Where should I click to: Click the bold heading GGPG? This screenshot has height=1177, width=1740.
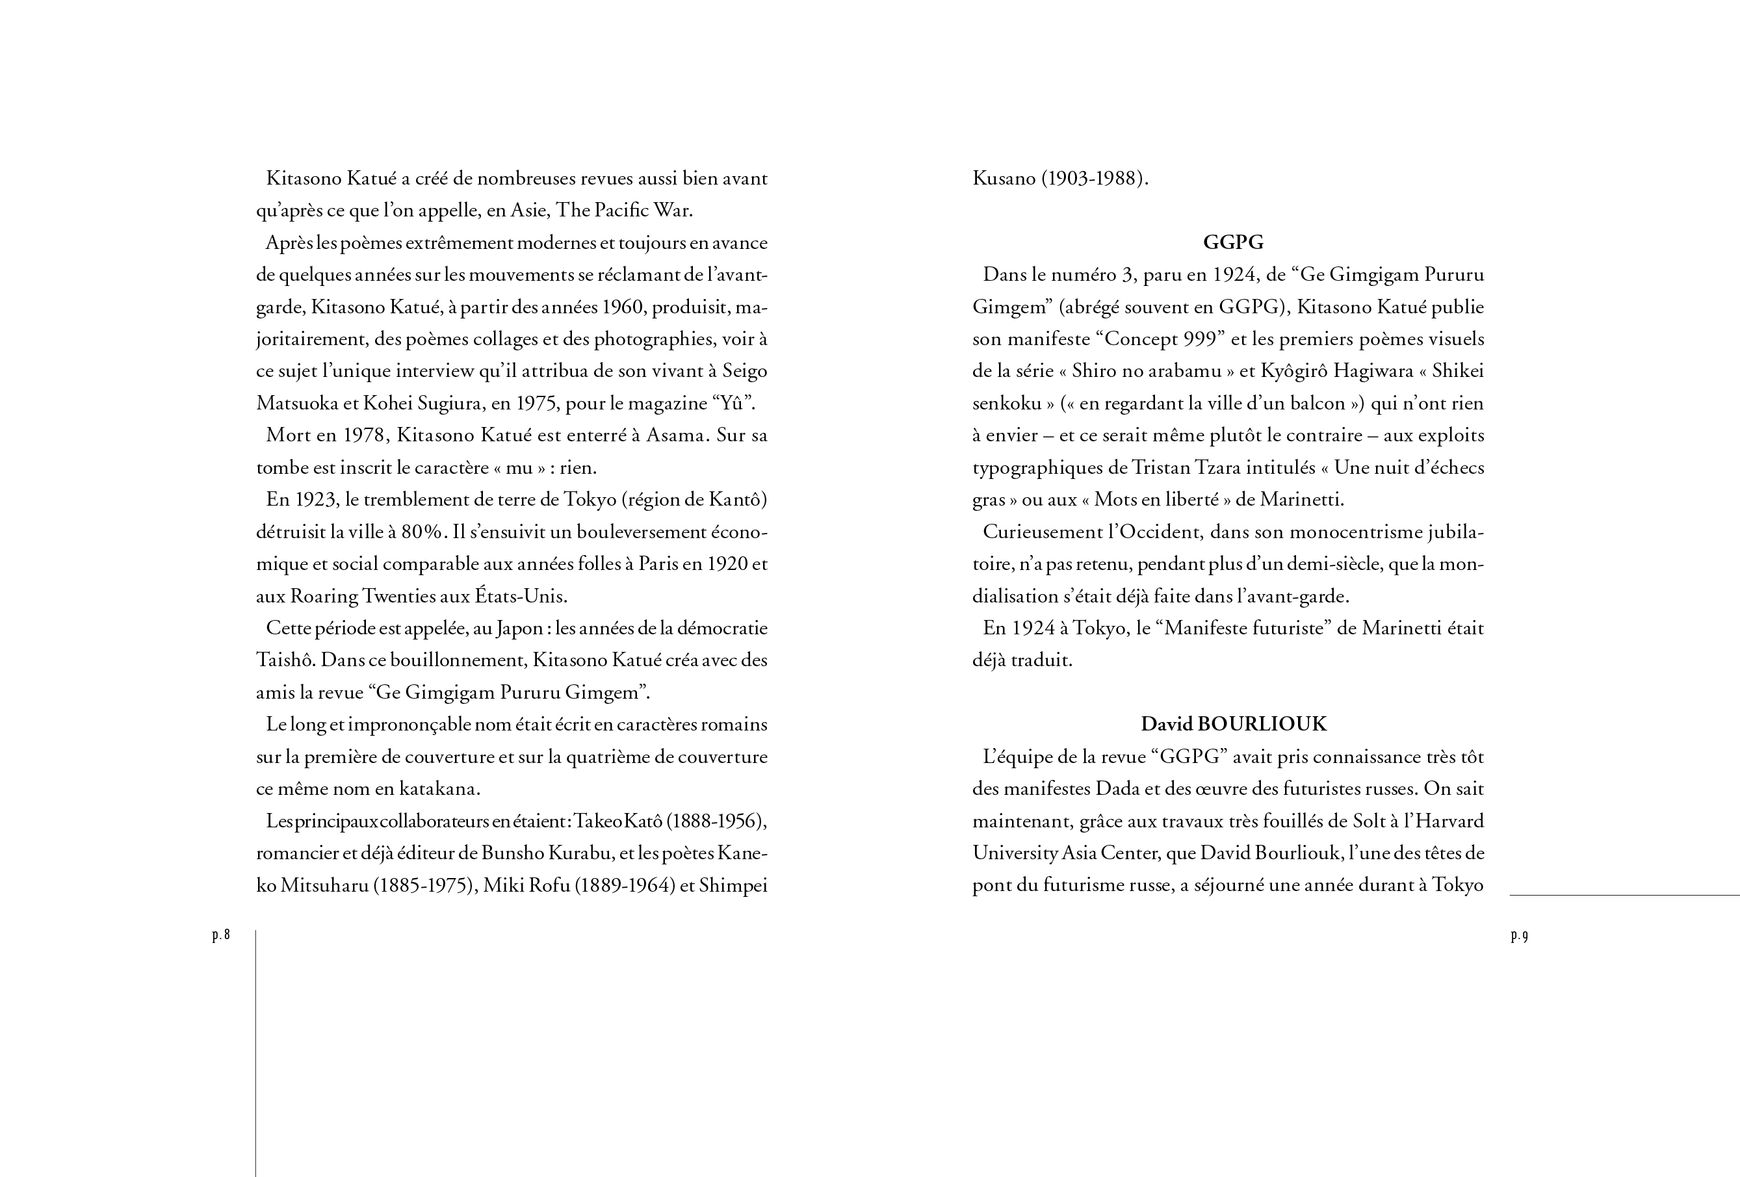tap(1233, 242)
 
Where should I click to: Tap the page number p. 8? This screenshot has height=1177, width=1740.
tap(221, 935)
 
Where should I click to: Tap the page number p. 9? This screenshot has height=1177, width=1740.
tap(1519, 935)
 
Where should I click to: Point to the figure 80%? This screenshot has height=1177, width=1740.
tap(422, 532)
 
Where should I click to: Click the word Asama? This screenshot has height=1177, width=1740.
tap(676, 435)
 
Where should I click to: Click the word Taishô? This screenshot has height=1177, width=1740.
tap(285, 661)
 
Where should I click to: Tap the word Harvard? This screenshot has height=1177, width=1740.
tap(1449, 821)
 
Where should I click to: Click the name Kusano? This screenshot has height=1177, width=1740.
tap(1004, 179)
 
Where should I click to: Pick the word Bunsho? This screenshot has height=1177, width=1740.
tap(512, 853)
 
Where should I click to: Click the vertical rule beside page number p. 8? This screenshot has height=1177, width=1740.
tap(256, 1048)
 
